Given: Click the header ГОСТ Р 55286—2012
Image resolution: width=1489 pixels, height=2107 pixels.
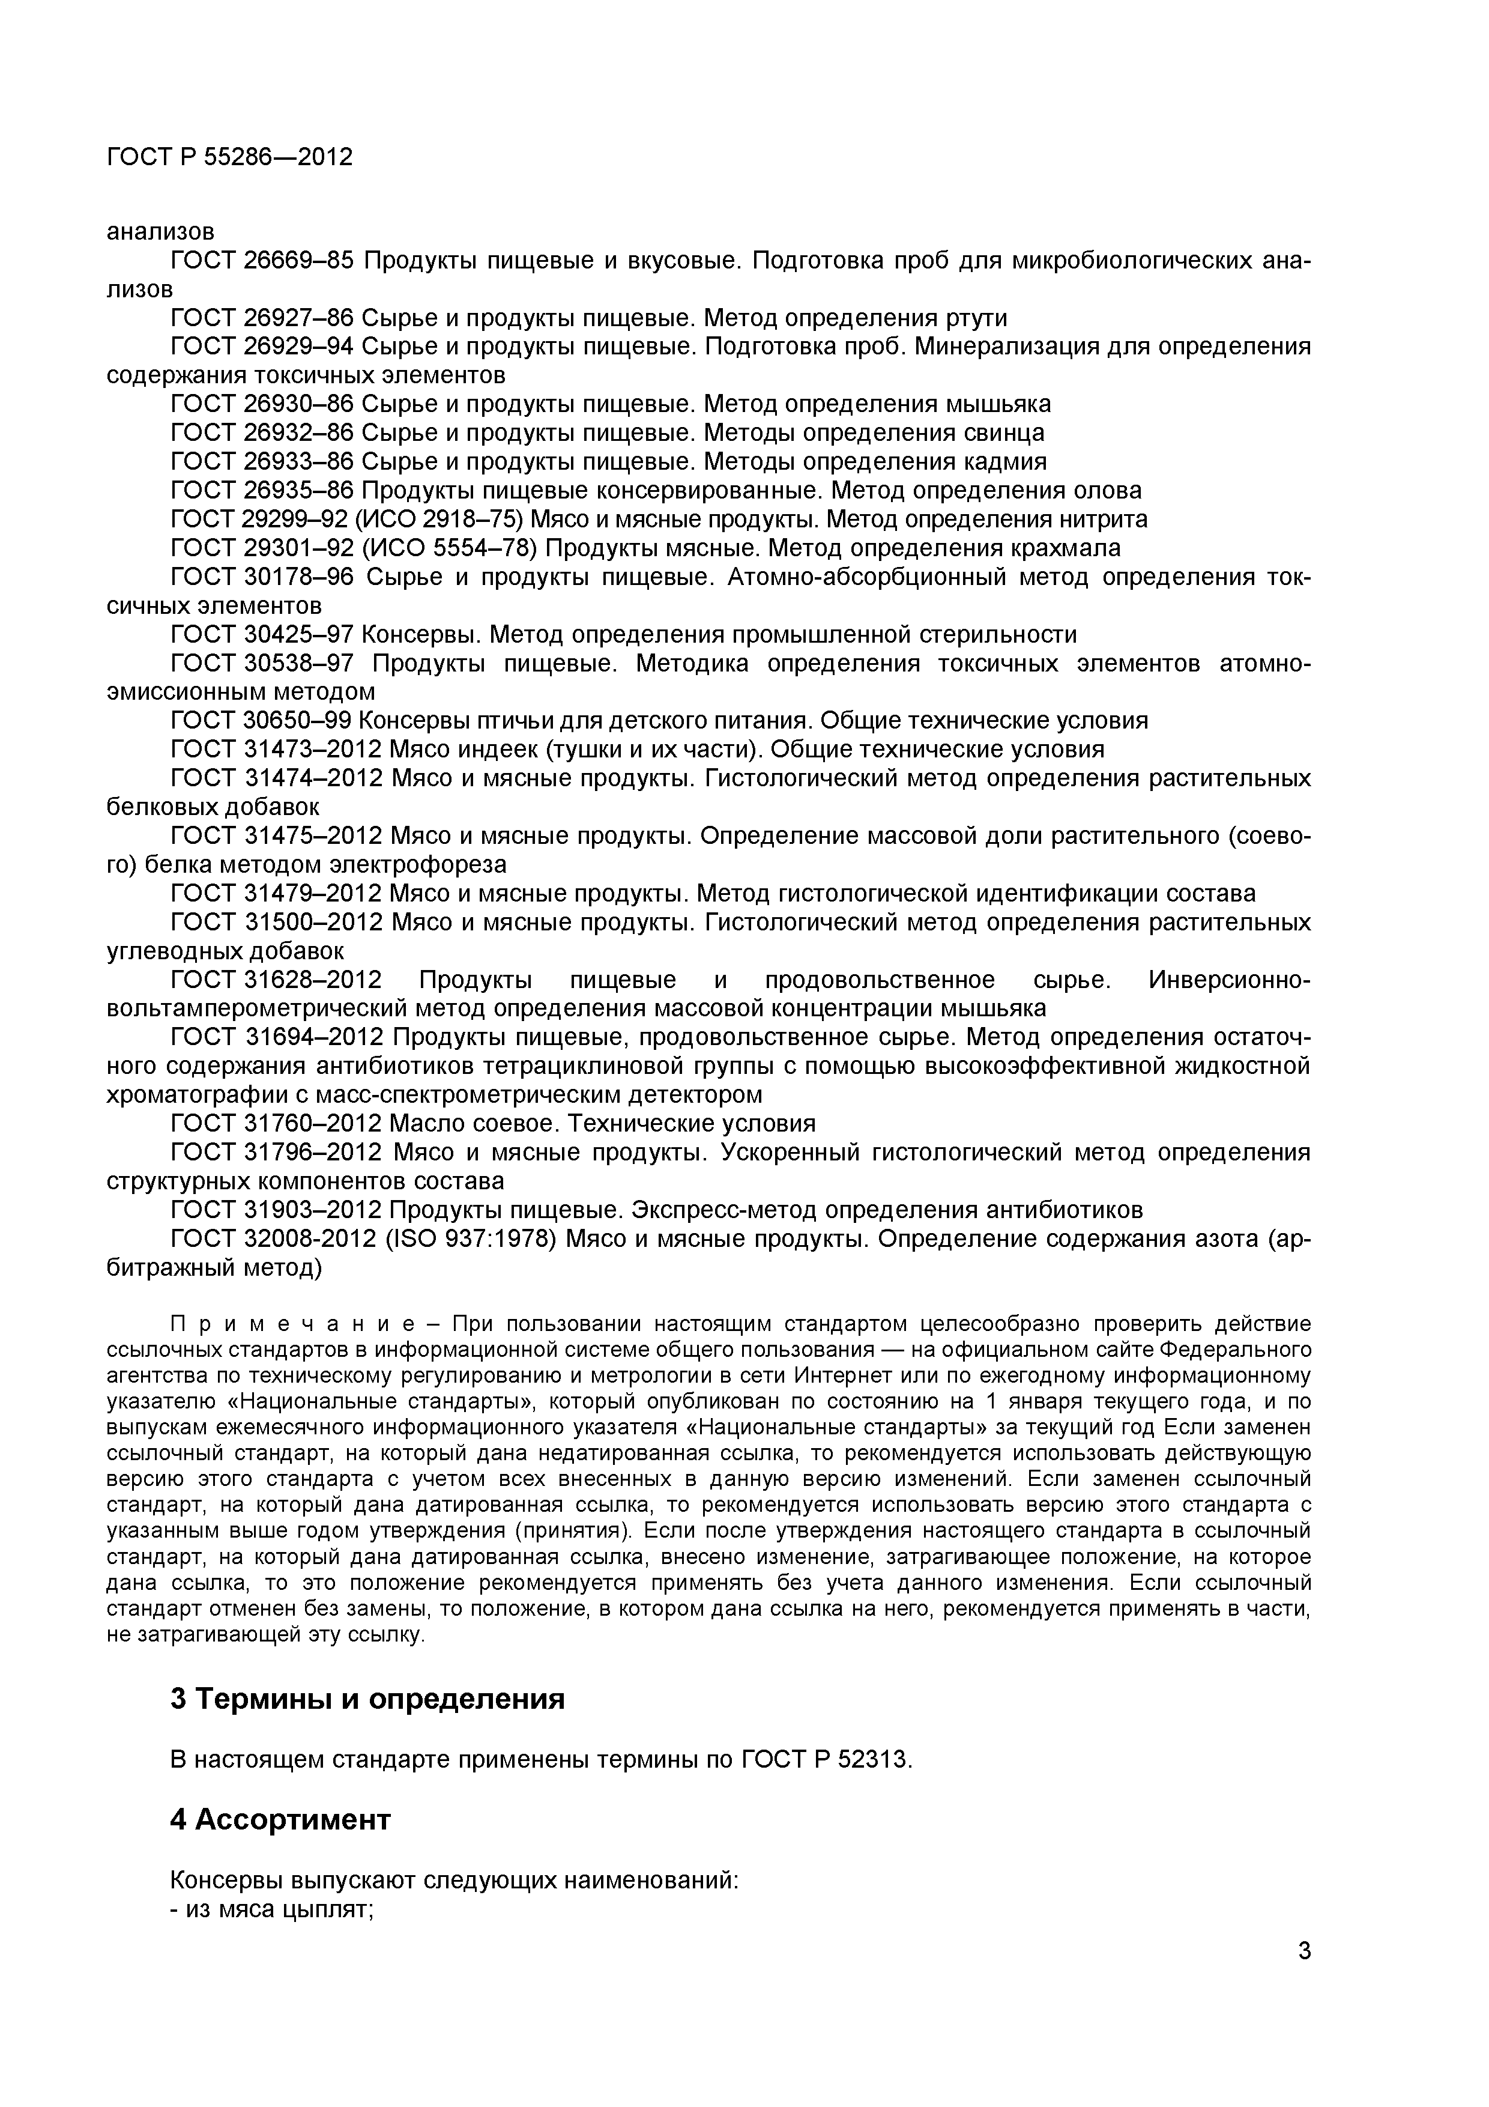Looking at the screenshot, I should click(229, 157).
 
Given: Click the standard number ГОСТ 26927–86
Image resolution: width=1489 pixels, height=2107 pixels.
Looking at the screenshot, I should click(261, 318).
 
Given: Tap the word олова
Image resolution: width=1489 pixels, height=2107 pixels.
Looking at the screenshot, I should click(1105, 490).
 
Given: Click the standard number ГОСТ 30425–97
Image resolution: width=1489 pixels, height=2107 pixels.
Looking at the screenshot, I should click(261, 635).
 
